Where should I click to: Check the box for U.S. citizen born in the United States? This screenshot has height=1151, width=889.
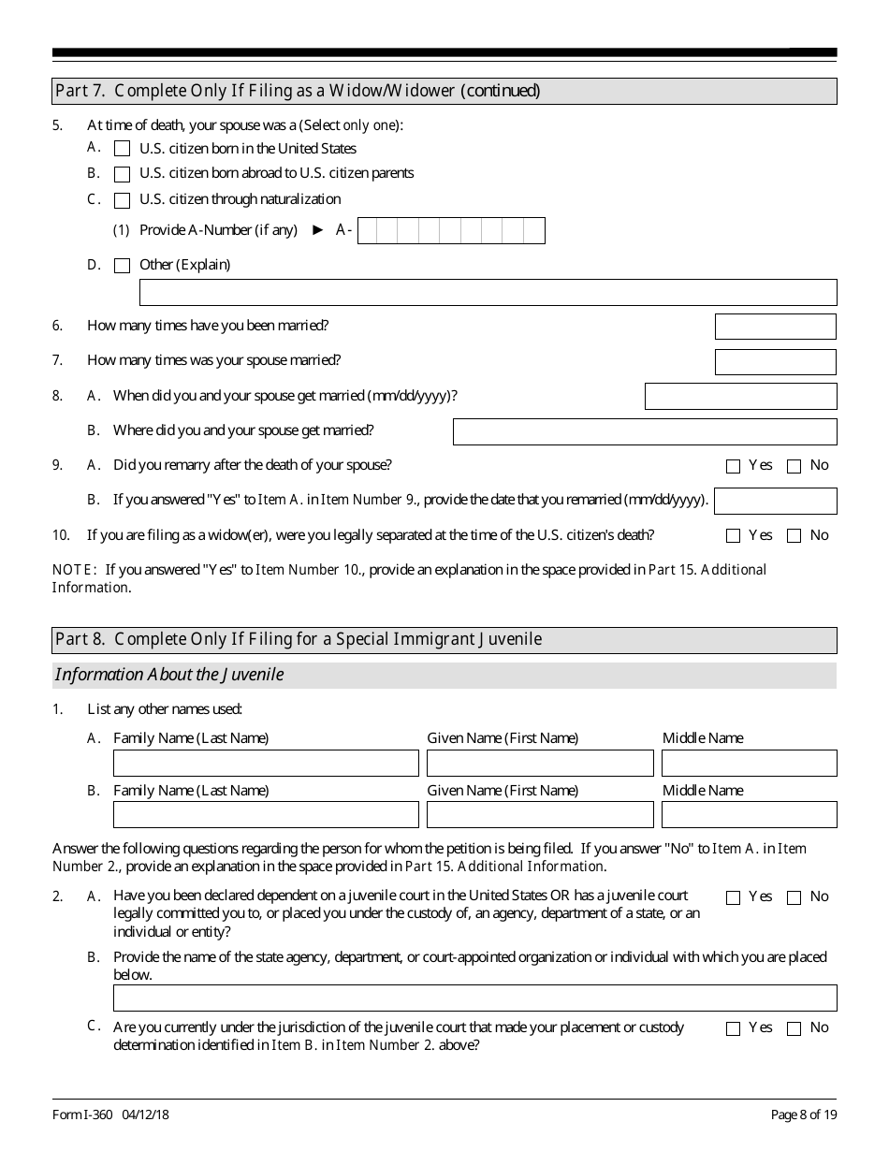click(122, 148)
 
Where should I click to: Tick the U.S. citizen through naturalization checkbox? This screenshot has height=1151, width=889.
click(122, 199)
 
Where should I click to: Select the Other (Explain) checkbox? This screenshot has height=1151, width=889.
click(122, 266)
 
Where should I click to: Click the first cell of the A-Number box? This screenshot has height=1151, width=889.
click(369, 230)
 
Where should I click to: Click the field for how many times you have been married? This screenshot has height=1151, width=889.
click(775, 327)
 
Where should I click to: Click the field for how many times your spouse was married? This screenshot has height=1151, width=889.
click(775, 361)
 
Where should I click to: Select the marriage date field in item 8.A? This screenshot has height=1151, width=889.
click(740, 396)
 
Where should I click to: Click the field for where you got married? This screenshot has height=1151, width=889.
click(645, 431)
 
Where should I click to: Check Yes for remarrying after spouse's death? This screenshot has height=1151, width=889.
click(733, 466)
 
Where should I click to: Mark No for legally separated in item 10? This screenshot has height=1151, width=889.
click(794, 536)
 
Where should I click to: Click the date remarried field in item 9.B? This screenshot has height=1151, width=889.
click(775, 501)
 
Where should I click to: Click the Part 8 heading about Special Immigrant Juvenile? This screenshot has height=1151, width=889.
click(299, 640)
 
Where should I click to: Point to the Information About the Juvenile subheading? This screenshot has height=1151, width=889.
click(169, 675)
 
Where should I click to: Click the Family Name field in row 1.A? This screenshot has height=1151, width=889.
click(266, 763)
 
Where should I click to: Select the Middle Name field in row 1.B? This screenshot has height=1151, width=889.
click(749, 814)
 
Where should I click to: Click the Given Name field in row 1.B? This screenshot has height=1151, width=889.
click(540, 814)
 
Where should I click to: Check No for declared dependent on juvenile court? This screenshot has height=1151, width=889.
click(794, 897)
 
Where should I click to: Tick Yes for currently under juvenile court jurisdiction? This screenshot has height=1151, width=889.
click(733, 1028)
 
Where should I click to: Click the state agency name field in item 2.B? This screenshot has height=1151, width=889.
click(474, 998)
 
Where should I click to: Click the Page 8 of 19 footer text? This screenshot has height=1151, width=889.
click(803, 1115)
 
